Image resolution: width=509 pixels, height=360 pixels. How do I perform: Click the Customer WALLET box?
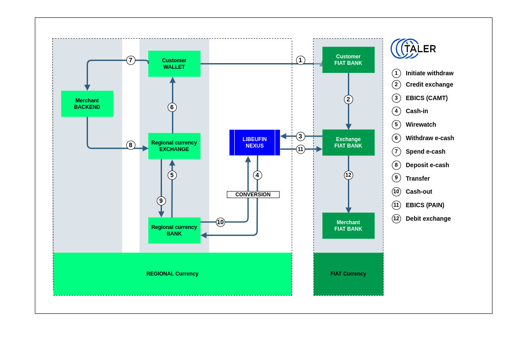pyautogui.click(x=174, y=64)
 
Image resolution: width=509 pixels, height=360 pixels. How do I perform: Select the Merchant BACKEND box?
pyautogui.click(x=88, y=104)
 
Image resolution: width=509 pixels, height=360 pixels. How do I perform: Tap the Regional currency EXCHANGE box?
pyautogui.click(x=174, y=146)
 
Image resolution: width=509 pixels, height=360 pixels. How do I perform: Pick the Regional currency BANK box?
pyautogui.click(x=174, y=230)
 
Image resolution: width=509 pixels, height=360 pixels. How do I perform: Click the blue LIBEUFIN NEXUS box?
pyautogui.click(x=255, y=142)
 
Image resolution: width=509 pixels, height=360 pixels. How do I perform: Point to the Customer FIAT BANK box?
pyautogui.click(x=348, y=60)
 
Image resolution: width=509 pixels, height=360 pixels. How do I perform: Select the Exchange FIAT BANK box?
pyautogui.click(x=348, y=142)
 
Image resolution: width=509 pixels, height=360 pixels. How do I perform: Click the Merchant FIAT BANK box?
pyautogui.click(x=348, y=225)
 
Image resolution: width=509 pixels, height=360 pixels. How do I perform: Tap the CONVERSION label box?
pyautogui.click(x=253, y=195)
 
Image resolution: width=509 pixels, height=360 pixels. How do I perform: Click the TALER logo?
pyautogui.click(x=413, y=49)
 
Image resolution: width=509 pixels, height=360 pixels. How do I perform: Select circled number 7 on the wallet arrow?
pyautogui.click(x=131, y=60)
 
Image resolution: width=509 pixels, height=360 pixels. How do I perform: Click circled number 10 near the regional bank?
pyautogui.click(x=220, y=222)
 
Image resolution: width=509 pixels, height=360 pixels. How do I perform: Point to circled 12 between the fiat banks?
pyautogui.click(x=348, y=175)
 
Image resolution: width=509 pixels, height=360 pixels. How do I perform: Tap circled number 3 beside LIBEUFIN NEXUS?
pyautogui.click(x=300, y=136)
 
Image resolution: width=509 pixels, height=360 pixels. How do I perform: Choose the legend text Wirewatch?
pyautogui.click(x=421, y=124)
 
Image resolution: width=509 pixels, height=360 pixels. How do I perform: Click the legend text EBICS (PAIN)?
pyautogui.click(x=425, y=205)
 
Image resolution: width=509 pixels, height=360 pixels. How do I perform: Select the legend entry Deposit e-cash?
pyautogui.click(x=427, y=165)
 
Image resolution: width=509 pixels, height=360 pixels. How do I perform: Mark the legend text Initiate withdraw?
pyautogui.click(x=429, y=74)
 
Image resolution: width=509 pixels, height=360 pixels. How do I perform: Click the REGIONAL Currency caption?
pyautogui.click(x=172, y=274)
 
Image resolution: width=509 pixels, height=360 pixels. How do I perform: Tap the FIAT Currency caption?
pyautogui.click(x=348, y=274)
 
